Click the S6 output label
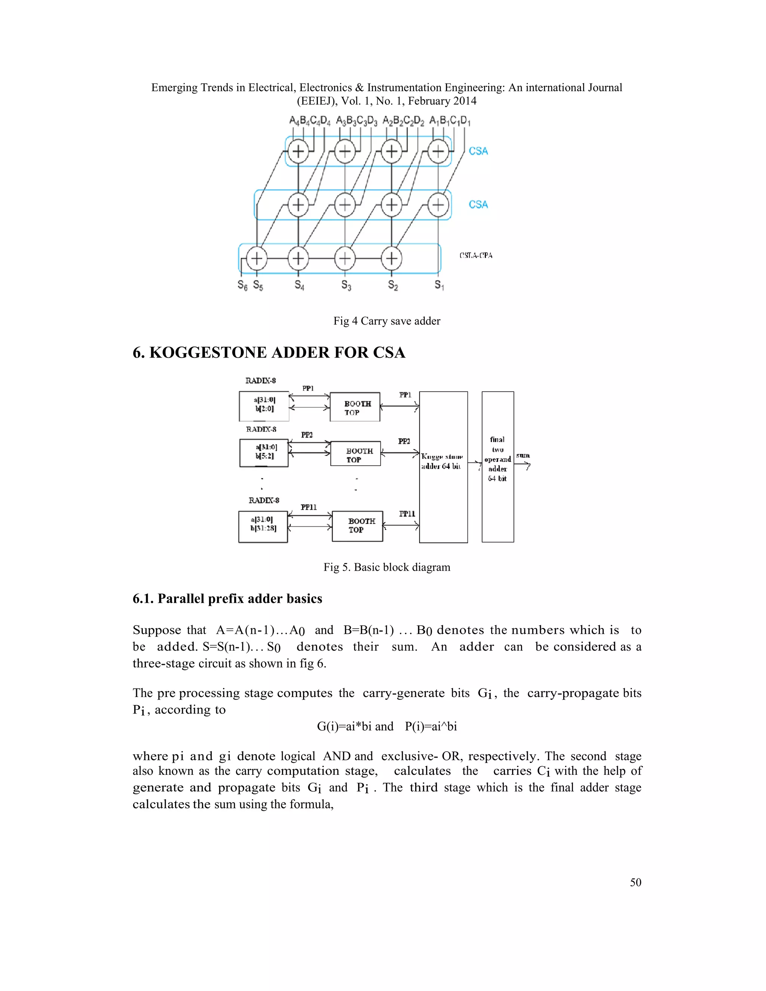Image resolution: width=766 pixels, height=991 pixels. click(x=242, y=285)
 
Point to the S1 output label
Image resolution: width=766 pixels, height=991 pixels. click(x=439, y=285)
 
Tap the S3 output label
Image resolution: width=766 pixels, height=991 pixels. click(x=346, y=285)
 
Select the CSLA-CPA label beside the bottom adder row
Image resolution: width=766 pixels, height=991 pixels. click(x=476, y=255)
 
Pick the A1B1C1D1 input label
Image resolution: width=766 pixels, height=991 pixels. click(x=450, y=121)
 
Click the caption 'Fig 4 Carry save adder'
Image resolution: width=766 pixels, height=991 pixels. click(x=387, y=321)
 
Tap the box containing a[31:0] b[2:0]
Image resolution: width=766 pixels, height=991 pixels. click(x=264, y=406)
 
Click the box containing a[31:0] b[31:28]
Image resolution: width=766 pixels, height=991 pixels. click(x=263, y=527)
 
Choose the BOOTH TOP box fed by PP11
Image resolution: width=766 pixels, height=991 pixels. click(x=358, y=526)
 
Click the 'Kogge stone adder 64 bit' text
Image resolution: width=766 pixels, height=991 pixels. click(x=442, y=461)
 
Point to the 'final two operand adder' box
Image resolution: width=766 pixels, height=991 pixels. click(x=498, y=466)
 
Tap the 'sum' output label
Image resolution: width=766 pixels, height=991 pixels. click(x=523, y=455)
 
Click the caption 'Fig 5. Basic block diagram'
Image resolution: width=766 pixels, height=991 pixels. click(x=387, y=567)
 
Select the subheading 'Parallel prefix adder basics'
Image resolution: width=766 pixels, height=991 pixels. click(x=227, y=599)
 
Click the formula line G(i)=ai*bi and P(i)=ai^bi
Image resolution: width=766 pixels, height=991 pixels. click(x=387, y=727)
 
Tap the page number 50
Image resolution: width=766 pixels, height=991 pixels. click(x=635, y=892)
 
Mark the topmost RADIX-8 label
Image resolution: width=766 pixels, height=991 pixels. click(x=260, y=381)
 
